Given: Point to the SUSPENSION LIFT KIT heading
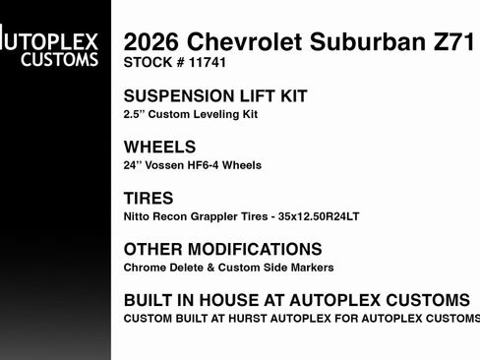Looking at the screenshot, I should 215,96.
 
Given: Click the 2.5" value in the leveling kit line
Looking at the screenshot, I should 136,114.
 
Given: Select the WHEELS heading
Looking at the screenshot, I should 159,148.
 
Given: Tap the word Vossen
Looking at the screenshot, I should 168,165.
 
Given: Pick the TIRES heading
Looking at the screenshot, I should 149,199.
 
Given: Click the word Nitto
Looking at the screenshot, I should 137,216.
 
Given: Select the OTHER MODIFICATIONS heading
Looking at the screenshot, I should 222,250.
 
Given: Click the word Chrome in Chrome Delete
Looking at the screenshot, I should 143,268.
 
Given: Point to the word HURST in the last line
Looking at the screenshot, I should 267,319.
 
